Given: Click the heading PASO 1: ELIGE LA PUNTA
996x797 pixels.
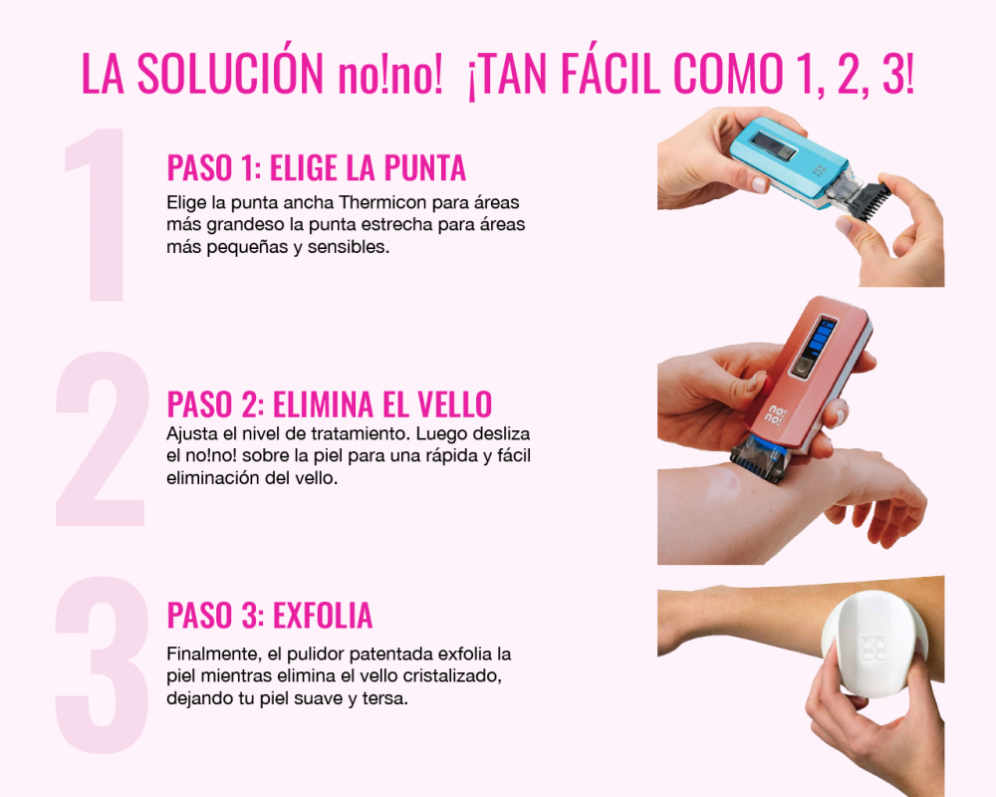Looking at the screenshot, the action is tap(317, 167).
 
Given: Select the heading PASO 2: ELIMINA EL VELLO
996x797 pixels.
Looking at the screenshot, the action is tap(329, 403).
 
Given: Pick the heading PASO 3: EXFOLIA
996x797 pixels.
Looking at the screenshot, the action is tap(269, 615).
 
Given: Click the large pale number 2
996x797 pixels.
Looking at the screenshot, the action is tap(102, 438).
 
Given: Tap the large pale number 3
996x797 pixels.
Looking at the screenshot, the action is tap(102, 664).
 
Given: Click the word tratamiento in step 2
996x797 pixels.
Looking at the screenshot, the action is tap(361, 434).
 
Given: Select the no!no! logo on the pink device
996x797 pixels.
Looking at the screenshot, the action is tap(776, 415).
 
